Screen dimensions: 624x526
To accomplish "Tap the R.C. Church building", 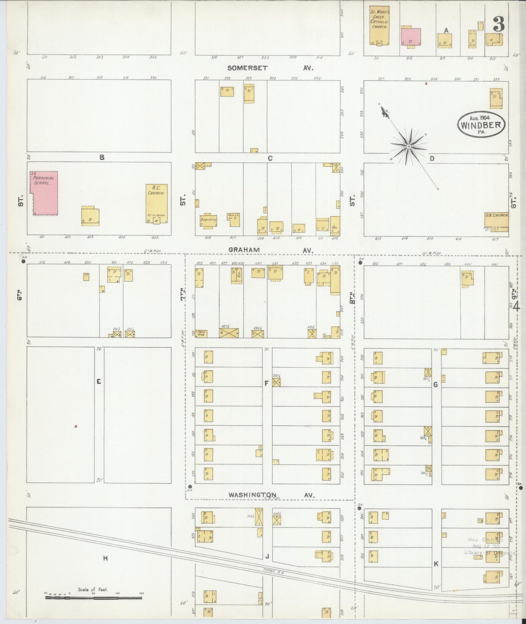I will tap(157, 203).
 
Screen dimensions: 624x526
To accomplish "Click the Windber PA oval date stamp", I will tap(482, 124).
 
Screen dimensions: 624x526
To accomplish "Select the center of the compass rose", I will tap(409, 146).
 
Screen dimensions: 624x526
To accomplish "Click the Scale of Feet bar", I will tap(93, 597).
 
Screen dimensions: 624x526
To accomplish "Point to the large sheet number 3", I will tap(498, 24).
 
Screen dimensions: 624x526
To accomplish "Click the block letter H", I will tap(105, 558).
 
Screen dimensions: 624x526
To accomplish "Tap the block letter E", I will tap(99, 382).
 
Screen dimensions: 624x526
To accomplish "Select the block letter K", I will tap(436, 564).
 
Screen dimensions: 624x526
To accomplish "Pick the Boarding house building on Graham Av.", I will tap(208, 221).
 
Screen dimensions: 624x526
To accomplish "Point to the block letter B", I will tap(102, 157).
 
